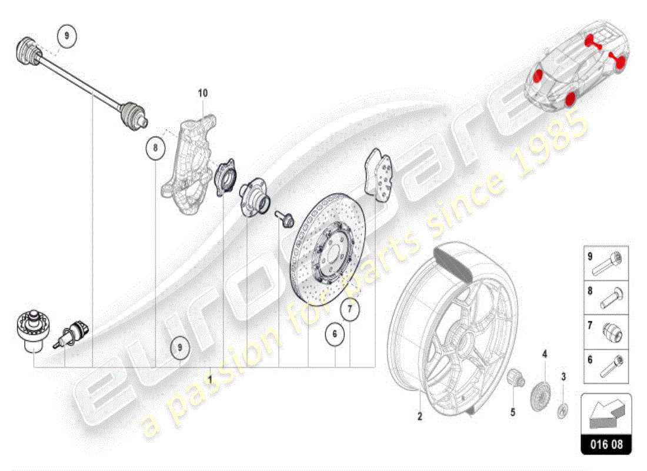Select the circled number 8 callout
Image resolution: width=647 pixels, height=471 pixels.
coord(155,148)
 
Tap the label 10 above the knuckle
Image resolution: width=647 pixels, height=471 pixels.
coord(203,93)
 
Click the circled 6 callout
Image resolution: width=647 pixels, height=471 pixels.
coord(335,334)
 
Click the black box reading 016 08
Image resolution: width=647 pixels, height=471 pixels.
coord(606,445)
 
